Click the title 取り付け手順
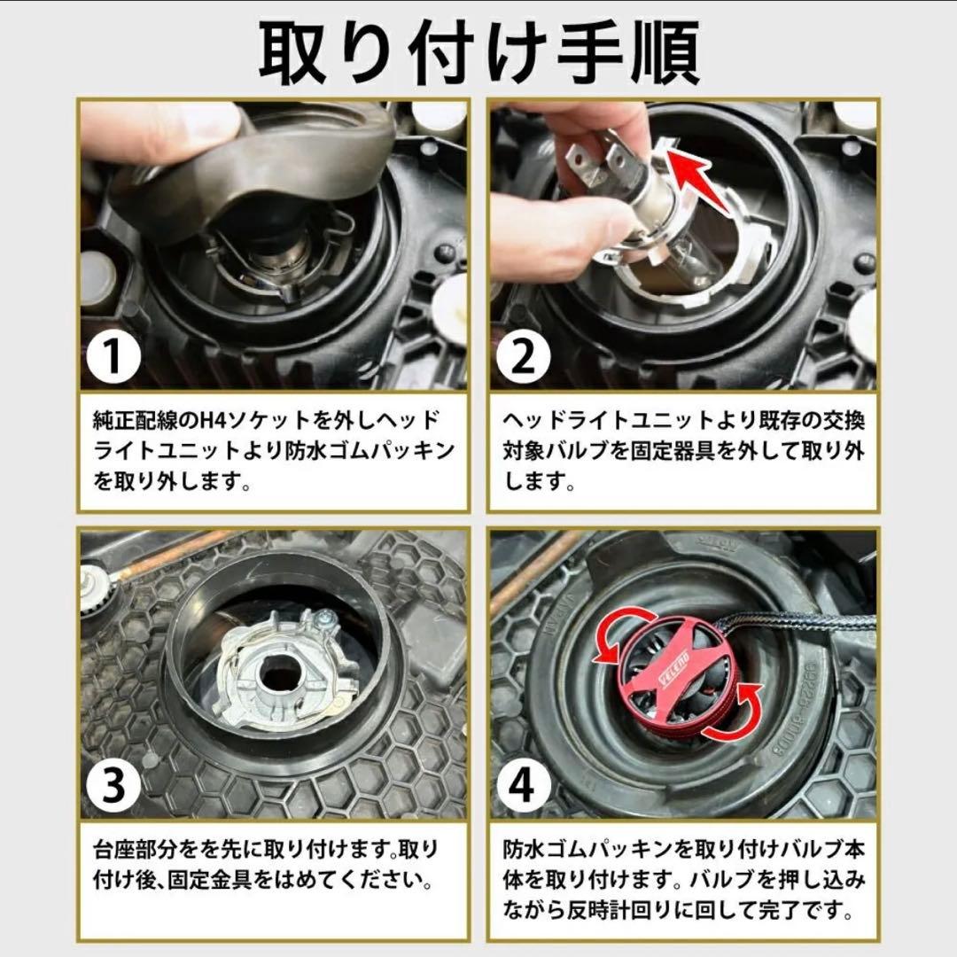click(479, 52)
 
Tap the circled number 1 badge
click(113, 356)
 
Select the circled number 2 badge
click(523, 356)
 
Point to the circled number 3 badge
click(113, 785)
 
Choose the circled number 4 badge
click(523, 785)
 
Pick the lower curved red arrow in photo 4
click(733, 714)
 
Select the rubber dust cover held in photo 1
click(256, 165)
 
